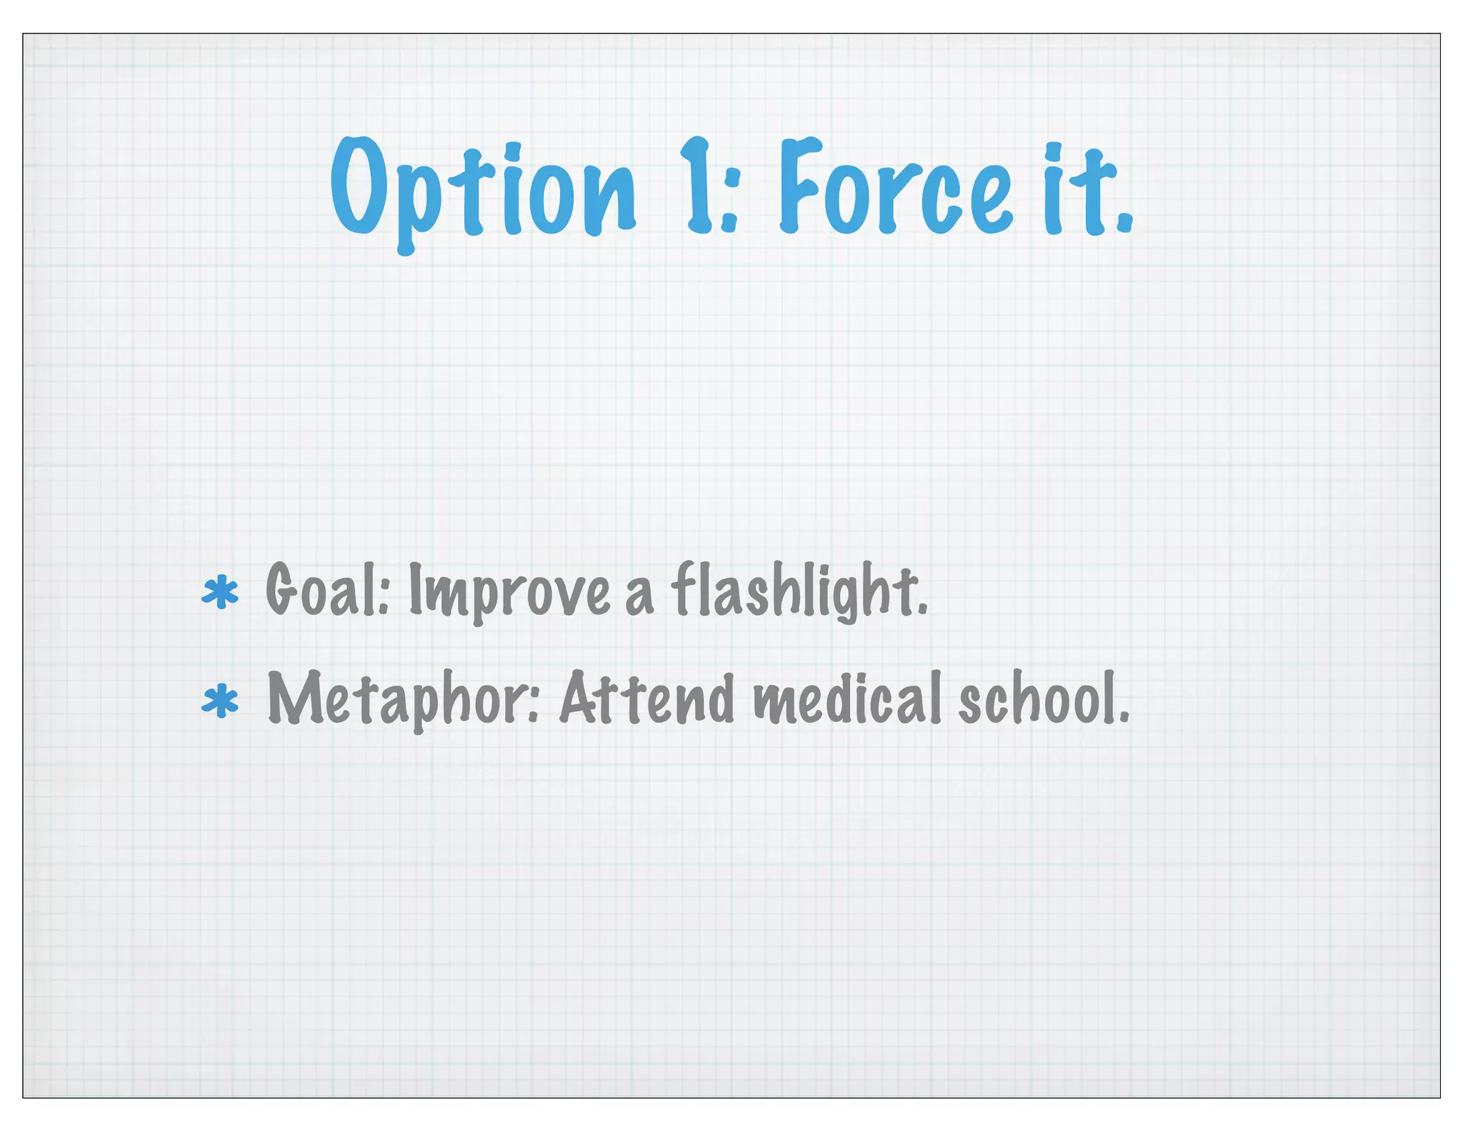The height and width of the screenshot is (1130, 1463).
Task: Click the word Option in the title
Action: pos(482,189)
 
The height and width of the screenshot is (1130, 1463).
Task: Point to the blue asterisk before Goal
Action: pos(220,593)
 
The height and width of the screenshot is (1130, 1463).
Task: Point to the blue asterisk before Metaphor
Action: pos(220,701)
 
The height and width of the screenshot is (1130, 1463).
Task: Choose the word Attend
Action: pos(646,699)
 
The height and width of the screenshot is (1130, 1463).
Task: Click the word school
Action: pos(1039,699)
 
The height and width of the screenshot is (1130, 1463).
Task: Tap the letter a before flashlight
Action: pos(639,599)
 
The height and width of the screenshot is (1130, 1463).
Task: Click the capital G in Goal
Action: pos(281,590)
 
